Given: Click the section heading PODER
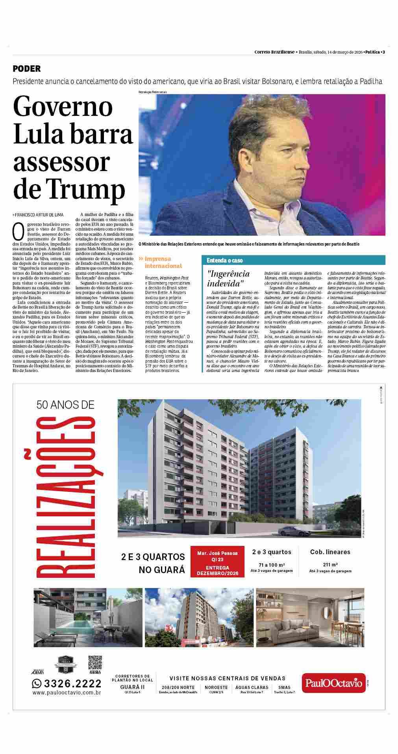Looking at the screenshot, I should coord(27,69).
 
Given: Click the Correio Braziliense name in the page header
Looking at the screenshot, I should coord(274,52).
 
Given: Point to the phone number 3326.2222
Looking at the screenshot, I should coord(67,683).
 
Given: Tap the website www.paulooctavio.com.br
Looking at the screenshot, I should coord(67,693).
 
